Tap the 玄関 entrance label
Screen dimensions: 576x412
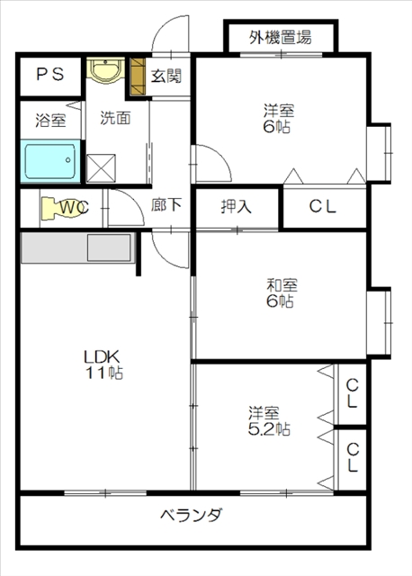click(x=166, y=76)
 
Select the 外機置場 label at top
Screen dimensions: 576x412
click(x=280, y=38)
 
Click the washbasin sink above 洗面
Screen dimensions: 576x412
click(x=107, y=70)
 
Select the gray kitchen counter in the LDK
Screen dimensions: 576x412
click(x=76, y=248)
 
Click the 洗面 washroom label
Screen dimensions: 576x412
click(x=115, y=117)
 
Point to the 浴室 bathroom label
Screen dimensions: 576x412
click(x=49, y=119)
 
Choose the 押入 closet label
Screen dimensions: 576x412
click(x=237, y=206)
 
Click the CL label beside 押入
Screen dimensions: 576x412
click(x=323, y=206)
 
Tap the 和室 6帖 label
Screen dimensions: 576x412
click(x=279, y=293)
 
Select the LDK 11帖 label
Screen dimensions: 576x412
click(x=104, y=363)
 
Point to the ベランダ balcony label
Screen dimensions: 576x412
click(x=191, y=517)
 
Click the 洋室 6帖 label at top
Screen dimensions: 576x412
click(x=278, y=118)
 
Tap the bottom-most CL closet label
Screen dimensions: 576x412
click(x=352, y=457)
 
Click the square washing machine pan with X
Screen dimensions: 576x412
click(x=101, y=167)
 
